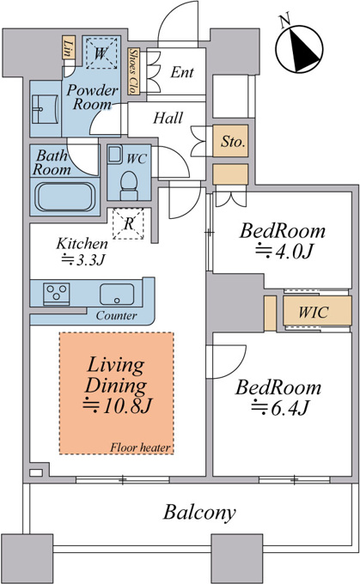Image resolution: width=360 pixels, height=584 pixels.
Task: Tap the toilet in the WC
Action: click(x=129, y=186)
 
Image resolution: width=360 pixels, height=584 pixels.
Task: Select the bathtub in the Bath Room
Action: click(x=64, y=197)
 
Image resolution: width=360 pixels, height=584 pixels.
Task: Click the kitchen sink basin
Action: click(x=117, y=294)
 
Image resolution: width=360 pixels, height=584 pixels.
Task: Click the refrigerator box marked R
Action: click(x=128, y=223)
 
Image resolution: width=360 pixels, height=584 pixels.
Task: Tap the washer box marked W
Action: click(x=101, y=53)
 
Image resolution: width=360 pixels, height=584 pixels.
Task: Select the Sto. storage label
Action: click(x=234, y=141)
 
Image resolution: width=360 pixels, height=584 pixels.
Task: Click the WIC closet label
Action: click(x=314, y=312)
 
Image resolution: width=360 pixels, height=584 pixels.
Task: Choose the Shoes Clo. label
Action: click(x=133, y=71)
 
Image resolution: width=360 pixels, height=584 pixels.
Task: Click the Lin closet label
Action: click(x=68, y=48)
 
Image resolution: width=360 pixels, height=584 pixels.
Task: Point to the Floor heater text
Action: click(x=140, y=447)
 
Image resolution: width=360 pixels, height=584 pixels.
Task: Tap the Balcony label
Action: click(x=199, y=513)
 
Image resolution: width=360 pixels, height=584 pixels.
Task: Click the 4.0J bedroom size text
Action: click(x=284, y=252)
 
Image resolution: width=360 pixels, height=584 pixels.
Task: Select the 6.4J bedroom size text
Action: click(x=280, y=407)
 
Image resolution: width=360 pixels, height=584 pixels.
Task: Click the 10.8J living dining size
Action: click(x=118, y=405)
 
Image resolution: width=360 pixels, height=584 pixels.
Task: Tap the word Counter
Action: click(x=116, y=316)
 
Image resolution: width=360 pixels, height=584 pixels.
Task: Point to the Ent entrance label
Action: click(x=182, y=72)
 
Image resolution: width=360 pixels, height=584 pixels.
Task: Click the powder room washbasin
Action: click(x=45, y=109)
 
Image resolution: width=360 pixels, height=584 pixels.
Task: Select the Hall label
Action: click(x=168, y=118)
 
